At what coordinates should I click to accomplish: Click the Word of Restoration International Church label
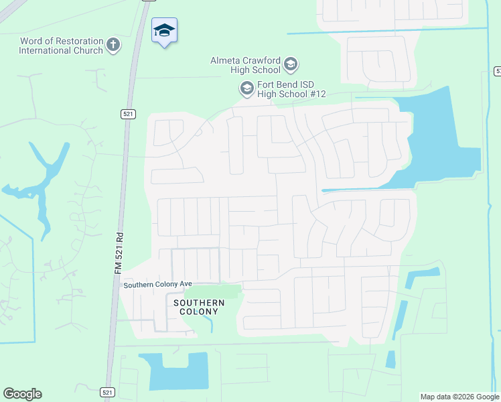coord(62,46)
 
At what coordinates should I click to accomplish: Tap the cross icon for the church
coord(113,45)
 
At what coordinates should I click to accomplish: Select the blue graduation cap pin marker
coord(165,31)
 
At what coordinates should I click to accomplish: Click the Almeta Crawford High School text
coord(245,65)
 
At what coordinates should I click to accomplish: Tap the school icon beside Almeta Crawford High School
coord(291,65)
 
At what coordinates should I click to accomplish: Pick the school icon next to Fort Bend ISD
coord(246,88)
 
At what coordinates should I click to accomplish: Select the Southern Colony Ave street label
coord(157,285)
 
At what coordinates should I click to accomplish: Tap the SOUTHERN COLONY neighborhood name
coord(199,308)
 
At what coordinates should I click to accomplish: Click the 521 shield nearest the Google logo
coord(107,392)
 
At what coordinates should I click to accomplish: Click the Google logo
coord(22,394)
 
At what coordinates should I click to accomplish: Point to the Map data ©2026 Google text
coord(459,397)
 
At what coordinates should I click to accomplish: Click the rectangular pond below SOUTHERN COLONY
coord(177,372)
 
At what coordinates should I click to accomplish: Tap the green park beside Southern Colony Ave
coord(212,292)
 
